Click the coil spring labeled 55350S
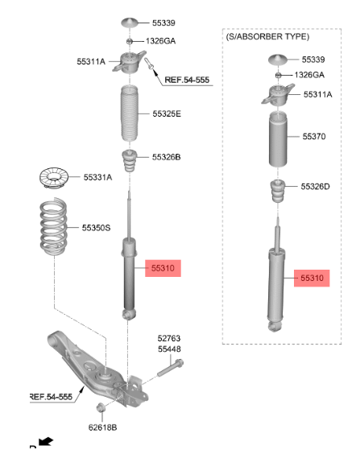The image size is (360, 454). pyautogui.click(x=53, y=226)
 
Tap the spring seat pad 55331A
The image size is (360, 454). pyautogui.click(x=54, y=178)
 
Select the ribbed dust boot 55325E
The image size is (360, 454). pyautogui.click(x=129, y=113)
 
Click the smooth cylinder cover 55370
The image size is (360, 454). pyautogui.click(x=278, y=139)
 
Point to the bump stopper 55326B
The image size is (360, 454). pyautogui.click(x=129, y=161)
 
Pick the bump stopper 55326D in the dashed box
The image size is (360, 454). pyautogui.click(x=278, y=191)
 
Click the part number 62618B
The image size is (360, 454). pyautogui.click(x=102, y=427)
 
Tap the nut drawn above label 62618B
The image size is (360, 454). pyautogui.click(x=101, y=407)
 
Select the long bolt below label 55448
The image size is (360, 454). pyautogui.click(x=170, y=368)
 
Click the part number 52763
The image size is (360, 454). pyautogui.click(x=169, y=338)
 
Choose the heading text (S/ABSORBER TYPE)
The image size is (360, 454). pyautogui.click(x=267, y=37)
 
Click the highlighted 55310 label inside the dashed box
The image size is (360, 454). pyautogui.click(x=312, y=278)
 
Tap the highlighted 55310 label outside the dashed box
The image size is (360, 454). pyautogui.click(x=163, y=268)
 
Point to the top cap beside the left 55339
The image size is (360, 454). pyautogui.click(x=130, y=23)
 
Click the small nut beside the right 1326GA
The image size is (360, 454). pyautogui.click(x=278, y=76)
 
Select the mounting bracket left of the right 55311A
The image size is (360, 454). pyautogui.click(x=278, y=95)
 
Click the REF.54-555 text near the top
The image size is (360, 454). pyautogui.click(x=187, y=80)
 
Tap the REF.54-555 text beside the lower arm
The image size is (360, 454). pyautogui.click(x=51, y=396)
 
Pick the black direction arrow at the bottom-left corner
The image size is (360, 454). pyautogui.click(x=45, y=441)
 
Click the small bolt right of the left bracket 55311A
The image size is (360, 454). pyautogui.click(x=149, y=64)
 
